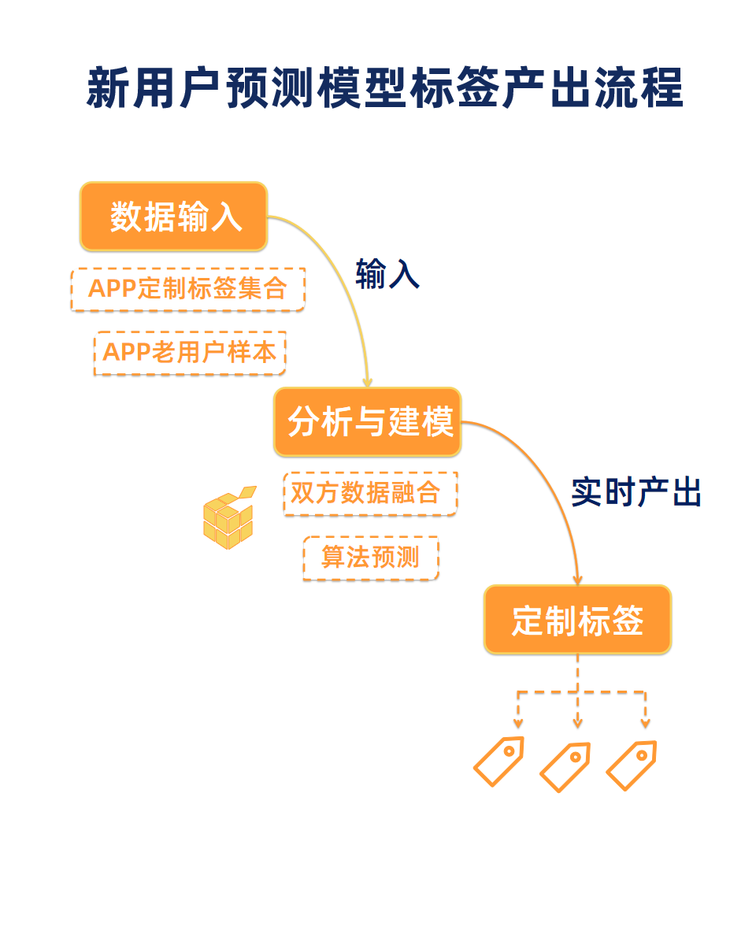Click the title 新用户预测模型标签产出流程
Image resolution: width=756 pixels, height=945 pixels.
pyautogui.click(x=384, y=87)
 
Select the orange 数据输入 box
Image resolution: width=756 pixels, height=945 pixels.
pyautogui.click(x=174, y=217)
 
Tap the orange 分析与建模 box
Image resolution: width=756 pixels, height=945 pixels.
pyautogui.click(x=368, y=422)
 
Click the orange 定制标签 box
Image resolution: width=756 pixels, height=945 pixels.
pyautogui.click(x=577, y=620)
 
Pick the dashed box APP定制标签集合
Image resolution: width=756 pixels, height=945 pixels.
pyautogui.click(x=187, y=289)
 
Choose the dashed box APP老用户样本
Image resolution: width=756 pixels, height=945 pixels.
pyautogui.click(x=190, y=352)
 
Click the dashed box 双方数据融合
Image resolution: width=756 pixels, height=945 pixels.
pyautogui.click(x=370, y=494)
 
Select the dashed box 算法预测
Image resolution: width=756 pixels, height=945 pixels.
pyautogui.click(x=370, y=558)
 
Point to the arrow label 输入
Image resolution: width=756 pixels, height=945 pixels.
pyautogui.click(x=387, y=274)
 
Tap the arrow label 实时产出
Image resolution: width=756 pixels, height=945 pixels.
pyautogui.click(x=636, y=492)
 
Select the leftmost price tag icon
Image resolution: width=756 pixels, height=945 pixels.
pyautogui.click(x=498, y=761)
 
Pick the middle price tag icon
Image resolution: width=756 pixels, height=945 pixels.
pyautogui.click(x=565, y=767)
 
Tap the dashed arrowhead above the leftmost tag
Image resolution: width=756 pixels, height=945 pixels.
pyautogui.click(x=518, y=722)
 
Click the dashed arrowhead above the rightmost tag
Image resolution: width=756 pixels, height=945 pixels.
pyautogui.click(x=645, y=722)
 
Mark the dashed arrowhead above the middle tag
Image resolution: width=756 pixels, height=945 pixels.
pyautogui.click(x=577, y=722)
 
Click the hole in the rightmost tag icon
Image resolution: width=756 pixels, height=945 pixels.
pyautogui.click(x=642, y=755)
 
